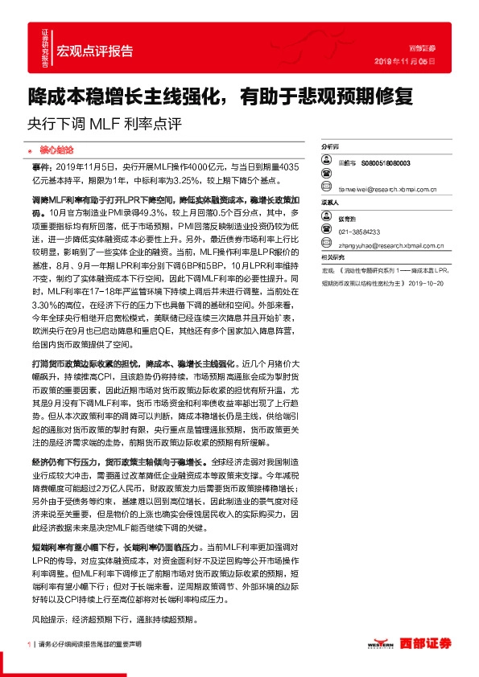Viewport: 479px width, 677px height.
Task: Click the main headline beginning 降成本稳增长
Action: click(220, 97)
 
